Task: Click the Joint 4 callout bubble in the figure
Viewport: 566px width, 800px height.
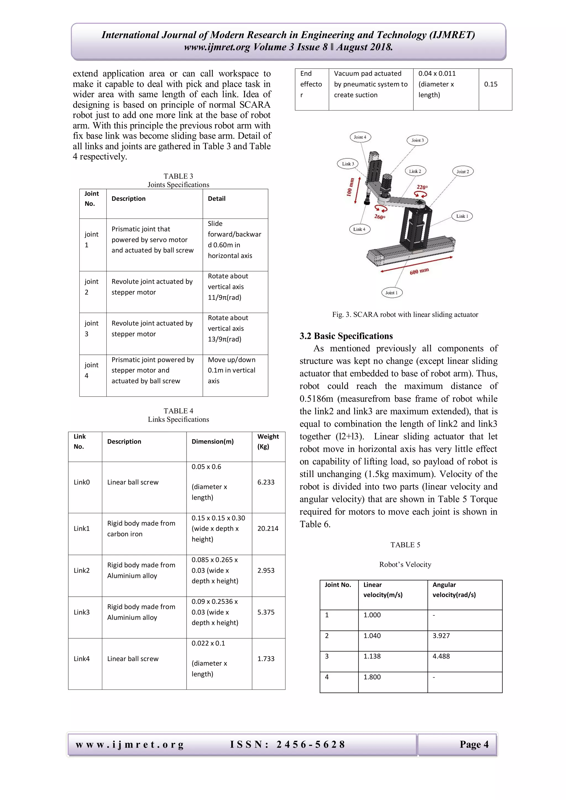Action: click(360, 137)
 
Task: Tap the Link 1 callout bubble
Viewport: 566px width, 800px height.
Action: click(462, 216)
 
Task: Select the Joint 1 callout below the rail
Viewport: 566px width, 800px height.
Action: click(391, 293)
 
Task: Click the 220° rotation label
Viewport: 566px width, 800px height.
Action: click(422, 187)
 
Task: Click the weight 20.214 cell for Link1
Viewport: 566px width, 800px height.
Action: click(268, 528)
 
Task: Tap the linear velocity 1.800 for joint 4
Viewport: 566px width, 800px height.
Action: click(372, 677)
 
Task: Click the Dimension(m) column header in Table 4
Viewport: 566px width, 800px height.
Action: click(213, 441)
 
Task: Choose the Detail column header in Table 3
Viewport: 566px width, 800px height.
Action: click(216, 199)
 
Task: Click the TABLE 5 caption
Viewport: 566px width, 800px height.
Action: click(405, 544)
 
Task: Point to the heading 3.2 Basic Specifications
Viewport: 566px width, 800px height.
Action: click(346, 336)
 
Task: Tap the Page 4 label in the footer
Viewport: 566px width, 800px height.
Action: click(474, 744)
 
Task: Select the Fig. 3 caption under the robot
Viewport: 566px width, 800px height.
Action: click(405, 314)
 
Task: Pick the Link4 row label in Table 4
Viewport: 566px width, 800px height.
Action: click(82, 659)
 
